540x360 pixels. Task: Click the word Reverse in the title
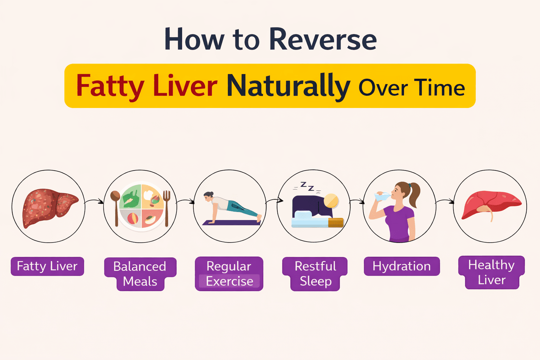tap(323, 39)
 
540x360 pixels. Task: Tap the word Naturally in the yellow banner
tap(288, 86)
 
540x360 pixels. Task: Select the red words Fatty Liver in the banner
tap(147, 86)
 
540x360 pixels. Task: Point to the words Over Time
tap(411, 88)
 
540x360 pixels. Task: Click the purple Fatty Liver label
tap(47, 266)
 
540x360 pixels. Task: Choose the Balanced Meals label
tap(140, 274)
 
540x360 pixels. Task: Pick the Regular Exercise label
tap(229, 274)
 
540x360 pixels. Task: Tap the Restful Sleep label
tap(315, 274)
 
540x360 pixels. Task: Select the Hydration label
tap(401, 266)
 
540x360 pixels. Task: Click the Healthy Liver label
tap(491, 272)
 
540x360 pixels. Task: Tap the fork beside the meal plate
tap(166, 207)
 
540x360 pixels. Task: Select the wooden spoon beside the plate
tap(116, 207)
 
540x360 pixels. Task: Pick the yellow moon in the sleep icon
tap(331, 201)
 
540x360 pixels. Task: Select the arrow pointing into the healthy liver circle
tap(445, 201)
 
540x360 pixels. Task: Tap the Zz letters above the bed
tap(307, 187)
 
